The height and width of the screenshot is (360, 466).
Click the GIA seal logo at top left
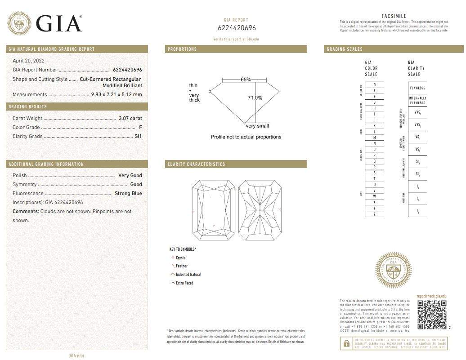(19, 23)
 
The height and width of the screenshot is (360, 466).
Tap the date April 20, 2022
(28, 61)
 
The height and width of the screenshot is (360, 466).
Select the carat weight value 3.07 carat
(130, 119)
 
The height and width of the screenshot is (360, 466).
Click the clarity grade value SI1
(138, 136)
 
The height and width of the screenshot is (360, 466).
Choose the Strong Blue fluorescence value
(128, 193)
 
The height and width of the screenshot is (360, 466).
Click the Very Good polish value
(130, 175)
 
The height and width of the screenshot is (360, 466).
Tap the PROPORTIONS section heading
(182, 49)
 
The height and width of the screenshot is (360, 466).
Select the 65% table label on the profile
(246, 80)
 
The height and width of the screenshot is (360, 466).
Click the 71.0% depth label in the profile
(255, 98)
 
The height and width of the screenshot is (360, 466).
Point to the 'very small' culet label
(257, 126)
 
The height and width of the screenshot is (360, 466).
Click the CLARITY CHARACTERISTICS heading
(196, 164)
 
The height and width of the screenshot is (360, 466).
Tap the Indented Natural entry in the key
(188, 274)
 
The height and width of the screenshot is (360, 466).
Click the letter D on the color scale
(375, 85)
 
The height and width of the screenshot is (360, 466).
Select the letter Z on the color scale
(375, 214)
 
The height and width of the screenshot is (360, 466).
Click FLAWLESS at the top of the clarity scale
(417, 88)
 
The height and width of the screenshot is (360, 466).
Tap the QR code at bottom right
(432, 315)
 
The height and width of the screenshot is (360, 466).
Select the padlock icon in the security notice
(346, 344)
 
